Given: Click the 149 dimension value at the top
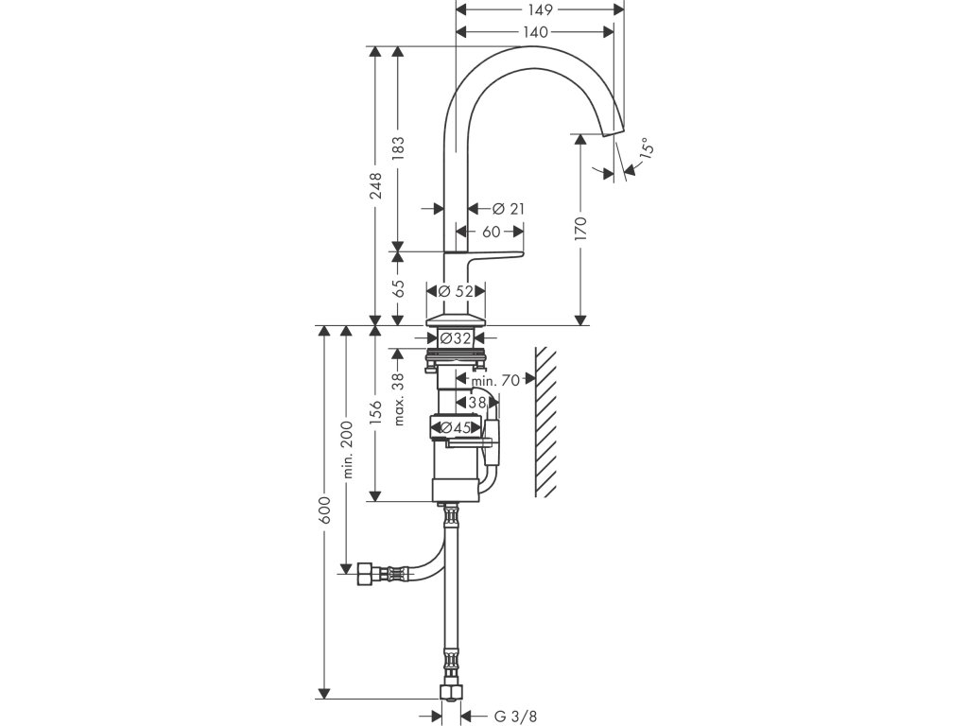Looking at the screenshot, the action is click(540, 9).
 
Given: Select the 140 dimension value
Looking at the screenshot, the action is click(535, 32).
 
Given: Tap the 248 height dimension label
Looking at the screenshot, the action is click(375, 186).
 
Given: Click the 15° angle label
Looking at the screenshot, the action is click(645, 148).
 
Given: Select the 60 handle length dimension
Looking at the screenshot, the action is click(491, 233).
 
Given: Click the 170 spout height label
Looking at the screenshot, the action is click(580, 229).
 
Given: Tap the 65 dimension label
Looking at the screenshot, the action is click(399, 288).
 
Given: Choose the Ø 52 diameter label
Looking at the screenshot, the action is click(456, 291).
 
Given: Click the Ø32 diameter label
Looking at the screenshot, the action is click(456, 338).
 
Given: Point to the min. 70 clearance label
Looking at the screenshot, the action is click(495, 380).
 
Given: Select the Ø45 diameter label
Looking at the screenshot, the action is click(456, 427).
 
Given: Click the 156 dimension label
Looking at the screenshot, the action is click(375, 413).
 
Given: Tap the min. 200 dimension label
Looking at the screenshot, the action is click(347, 449).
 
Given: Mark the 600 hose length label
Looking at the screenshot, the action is click(325, 510).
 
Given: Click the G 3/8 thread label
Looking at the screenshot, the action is click(515, 717).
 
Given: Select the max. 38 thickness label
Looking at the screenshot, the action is click(399, 399).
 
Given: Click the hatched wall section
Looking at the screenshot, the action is click(545, 422).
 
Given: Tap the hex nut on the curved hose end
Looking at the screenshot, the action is click(363, 575).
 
